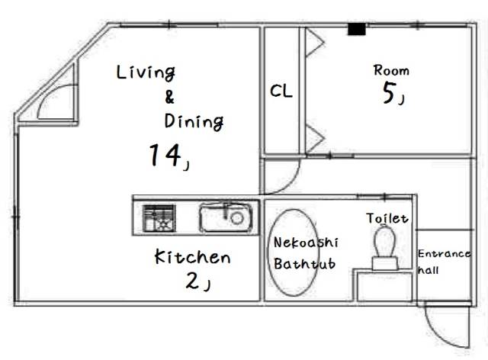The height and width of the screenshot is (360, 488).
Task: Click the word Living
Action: point(146,73)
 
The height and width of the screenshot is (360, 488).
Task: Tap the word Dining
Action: point(194,122)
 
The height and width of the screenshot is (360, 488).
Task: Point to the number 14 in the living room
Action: point(165,155)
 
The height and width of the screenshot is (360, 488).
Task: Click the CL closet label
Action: point(281,92)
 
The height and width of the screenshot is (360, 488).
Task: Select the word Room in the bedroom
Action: point(391,70)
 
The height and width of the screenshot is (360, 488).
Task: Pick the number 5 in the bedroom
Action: point(389,93)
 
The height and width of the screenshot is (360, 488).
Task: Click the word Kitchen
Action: point(192,257)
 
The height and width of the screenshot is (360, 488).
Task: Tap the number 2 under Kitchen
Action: point(192,281)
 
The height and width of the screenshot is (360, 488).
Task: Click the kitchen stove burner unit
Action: point(159,218)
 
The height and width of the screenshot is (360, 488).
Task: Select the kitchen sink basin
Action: point(226,217)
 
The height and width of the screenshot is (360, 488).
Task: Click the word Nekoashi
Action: point(306,243)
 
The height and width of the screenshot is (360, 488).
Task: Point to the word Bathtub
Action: point(305,264)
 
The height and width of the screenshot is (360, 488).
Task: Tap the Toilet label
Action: point(387,218)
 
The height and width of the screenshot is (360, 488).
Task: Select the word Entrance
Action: point(444,254)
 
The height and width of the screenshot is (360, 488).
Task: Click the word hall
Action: point(429,270)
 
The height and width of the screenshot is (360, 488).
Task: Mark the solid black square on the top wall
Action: point(357,29)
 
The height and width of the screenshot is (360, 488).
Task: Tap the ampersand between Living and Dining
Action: point(169,97)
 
